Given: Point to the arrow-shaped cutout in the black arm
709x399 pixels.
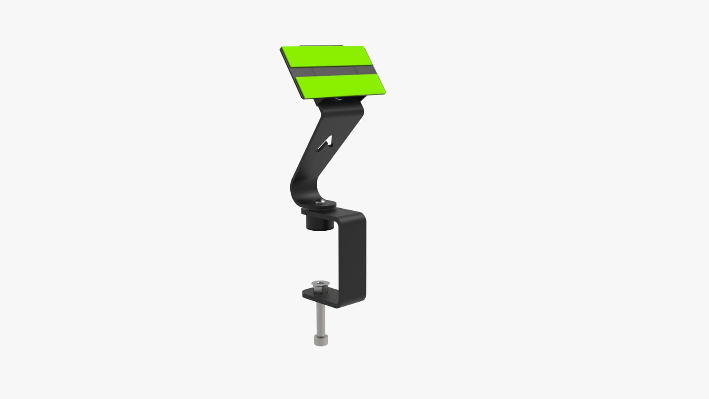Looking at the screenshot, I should (x=327, y=142).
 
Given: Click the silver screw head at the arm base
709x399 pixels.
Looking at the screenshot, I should (x=320, y=203).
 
